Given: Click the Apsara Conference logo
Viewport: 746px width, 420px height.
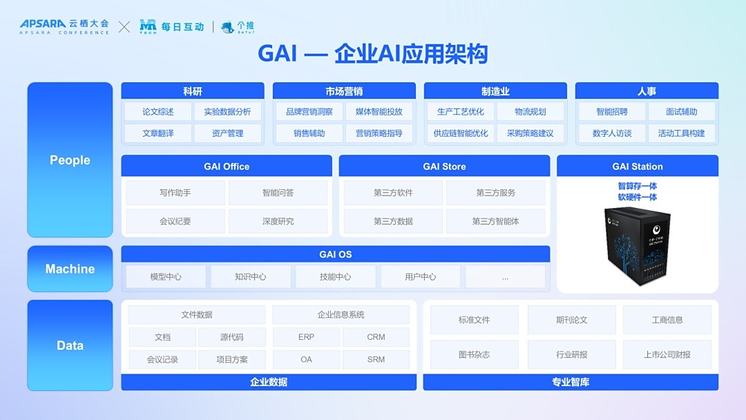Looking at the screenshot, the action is tap(64, 27).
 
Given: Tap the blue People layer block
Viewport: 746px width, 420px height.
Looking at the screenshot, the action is tap(70, 160).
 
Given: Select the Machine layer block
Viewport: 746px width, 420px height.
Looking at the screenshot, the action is tap(70, 269).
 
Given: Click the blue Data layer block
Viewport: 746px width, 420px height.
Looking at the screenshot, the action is tap(70, 345).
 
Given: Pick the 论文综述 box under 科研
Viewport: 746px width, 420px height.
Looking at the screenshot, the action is tap(158, 112).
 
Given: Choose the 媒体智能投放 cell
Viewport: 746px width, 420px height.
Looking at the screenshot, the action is tap(379, 112).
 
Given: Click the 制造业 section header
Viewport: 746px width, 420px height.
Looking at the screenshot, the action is tap(495, 91).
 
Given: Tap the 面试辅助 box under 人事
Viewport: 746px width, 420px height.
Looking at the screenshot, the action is tap(681, 112).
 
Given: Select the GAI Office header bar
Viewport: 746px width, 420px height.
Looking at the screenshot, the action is tap(227, 166).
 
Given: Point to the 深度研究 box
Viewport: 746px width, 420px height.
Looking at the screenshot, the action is tap(278, 221).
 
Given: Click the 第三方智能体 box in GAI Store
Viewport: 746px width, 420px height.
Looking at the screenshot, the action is tap(495, 221).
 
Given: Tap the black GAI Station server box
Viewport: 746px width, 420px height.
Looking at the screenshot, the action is tap(638, 245).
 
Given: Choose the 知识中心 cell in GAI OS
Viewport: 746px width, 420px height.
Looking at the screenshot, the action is tap(251, 277).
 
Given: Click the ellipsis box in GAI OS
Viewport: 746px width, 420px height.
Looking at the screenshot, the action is tap(505, 277).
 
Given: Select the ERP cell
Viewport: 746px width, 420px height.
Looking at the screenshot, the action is tap(306, 337).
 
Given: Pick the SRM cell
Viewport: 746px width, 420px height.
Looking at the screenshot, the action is tap(376, 359).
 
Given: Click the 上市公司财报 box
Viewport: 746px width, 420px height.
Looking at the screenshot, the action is tap(667, 354).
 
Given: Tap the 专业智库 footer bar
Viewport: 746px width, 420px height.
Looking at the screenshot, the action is tap(571, 382).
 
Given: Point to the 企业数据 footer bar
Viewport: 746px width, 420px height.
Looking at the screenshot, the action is tap(269, 382).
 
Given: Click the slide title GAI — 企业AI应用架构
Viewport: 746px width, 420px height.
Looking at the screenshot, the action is tap(372, 54).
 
